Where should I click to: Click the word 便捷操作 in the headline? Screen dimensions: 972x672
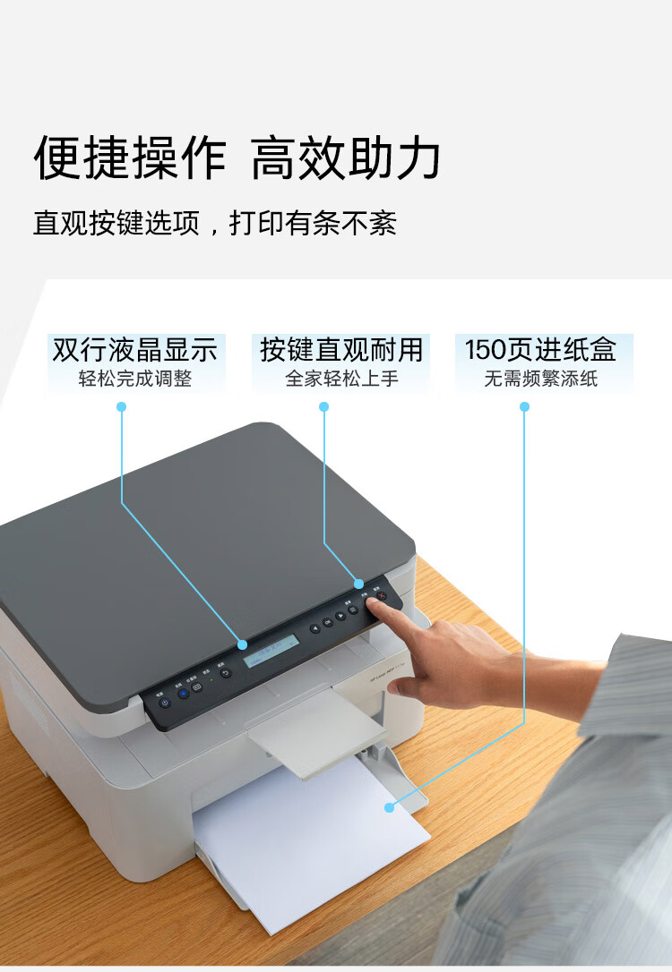tap(130, 159)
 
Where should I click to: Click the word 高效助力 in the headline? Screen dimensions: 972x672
tap(345, 159)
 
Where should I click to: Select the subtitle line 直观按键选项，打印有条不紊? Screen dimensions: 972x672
tap(215, 223)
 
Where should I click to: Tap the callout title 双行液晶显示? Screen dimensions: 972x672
tap(135, 350)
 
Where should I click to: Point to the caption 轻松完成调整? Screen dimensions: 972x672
tap(135, 379)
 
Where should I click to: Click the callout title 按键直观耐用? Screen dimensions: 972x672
tap(340, 350)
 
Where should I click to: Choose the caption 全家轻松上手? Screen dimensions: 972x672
tap(340, 379)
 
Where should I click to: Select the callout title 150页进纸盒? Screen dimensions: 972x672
tap(540, 350)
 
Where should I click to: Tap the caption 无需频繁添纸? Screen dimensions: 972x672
tap(540, 379)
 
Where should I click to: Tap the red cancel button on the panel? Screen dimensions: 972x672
tap(381, 596)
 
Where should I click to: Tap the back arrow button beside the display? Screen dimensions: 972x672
tap(226, 673)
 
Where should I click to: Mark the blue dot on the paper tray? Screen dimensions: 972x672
tap(389, 807)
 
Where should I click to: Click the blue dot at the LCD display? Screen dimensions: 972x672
tap(242, 644)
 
